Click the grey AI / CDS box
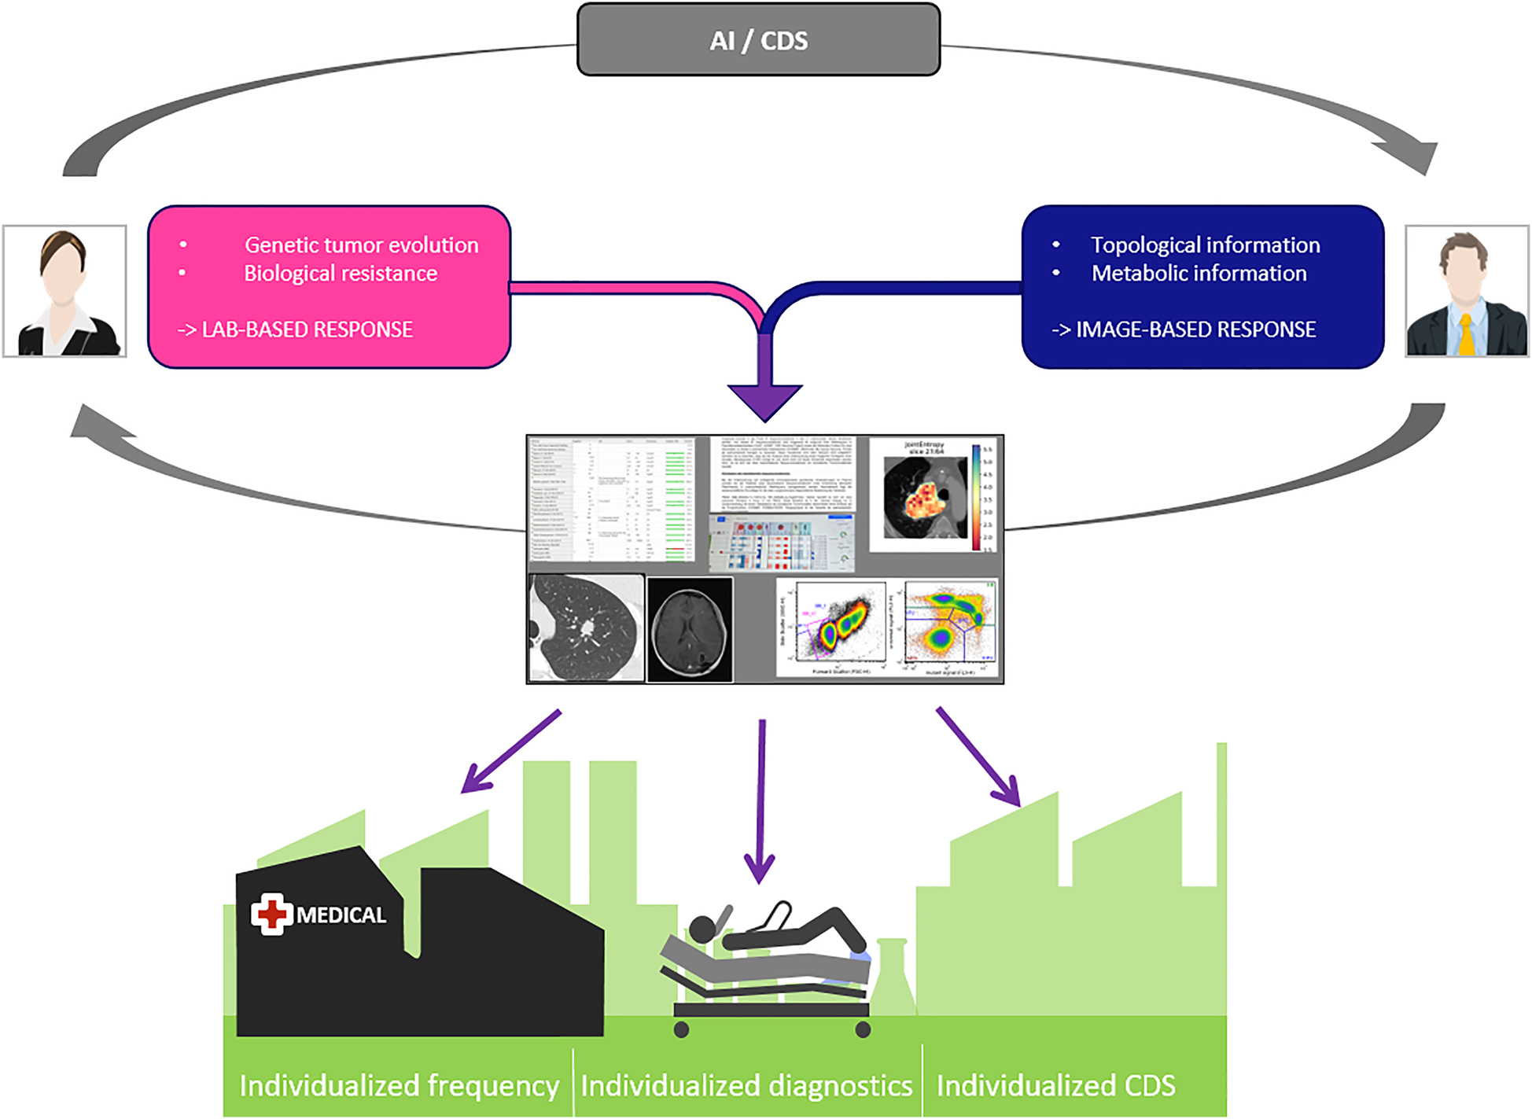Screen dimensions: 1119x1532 (x=758, y=40)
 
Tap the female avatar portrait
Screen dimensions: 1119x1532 (x=64, y=292)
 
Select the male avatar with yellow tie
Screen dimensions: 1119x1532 (x=1467, y=292)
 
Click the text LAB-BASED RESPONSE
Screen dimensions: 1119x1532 (x=307, y=329)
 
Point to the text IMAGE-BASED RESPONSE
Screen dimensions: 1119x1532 (x=1195, y=329)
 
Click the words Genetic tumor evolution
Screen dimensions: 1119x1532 (x=361, y=245)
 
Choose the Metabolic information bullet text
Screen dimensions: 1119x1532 (x=1199, y=274)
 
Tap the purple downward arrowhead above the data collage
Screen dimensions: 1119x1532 (x=764, y=401)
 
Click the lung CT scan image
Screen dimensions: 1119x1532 (x=586, y=628)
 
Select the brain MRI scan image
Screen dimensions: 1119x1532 (x=690, y=629)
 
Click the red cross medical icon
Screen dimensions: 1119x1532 (x=271, y=914)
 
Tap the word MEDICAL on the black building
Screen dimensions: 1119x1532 (x=341, y=915)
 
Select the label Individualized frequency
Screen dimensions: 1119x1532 (x=399, y=1086)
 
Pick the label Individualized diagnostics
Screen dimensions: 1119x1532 (x=746, y=1086)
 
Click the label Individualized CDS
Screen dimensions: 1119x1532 (x=1055, y=1086)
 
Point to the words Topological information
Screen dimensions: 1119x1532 (x=1205, y=245)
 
